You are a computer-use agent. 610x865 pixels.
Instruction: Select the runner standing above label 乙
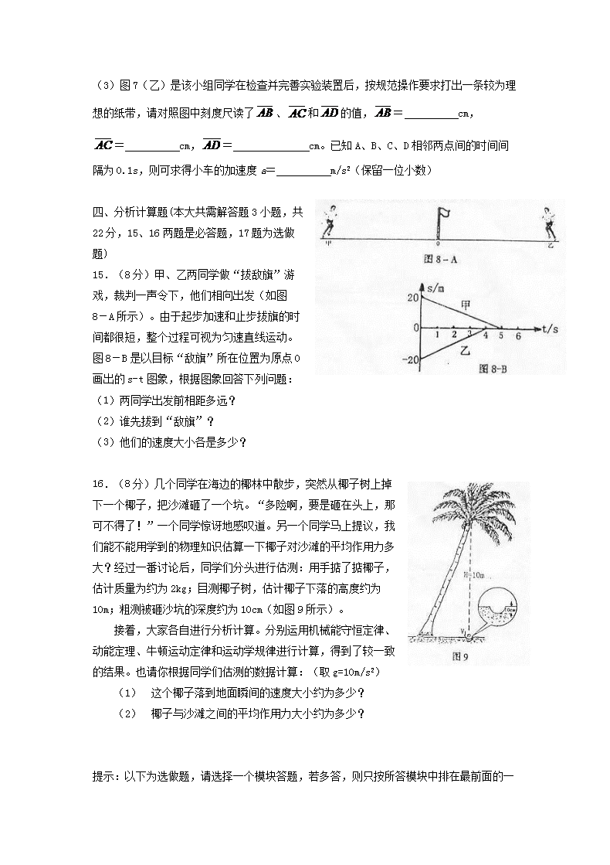[x=551, y=222]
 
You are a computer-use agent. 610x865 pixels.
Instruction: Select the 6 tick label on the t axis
[x=518, y=336]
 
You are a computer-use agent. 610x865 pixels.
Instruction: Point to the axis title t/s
[x=550, y=329]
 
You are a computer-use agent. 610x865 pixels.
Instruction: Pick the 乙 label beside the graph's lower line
[x=465, y=350]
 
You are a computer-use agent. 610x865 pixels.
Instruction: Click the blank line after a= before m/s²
[x=302, y=171]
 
